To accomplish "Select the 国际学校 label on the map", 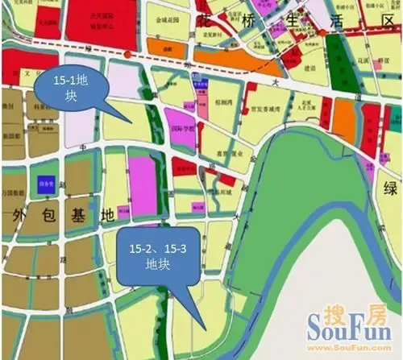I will coord(181,126).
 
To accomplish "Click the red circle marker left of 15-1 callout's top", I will coord(128,54).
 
